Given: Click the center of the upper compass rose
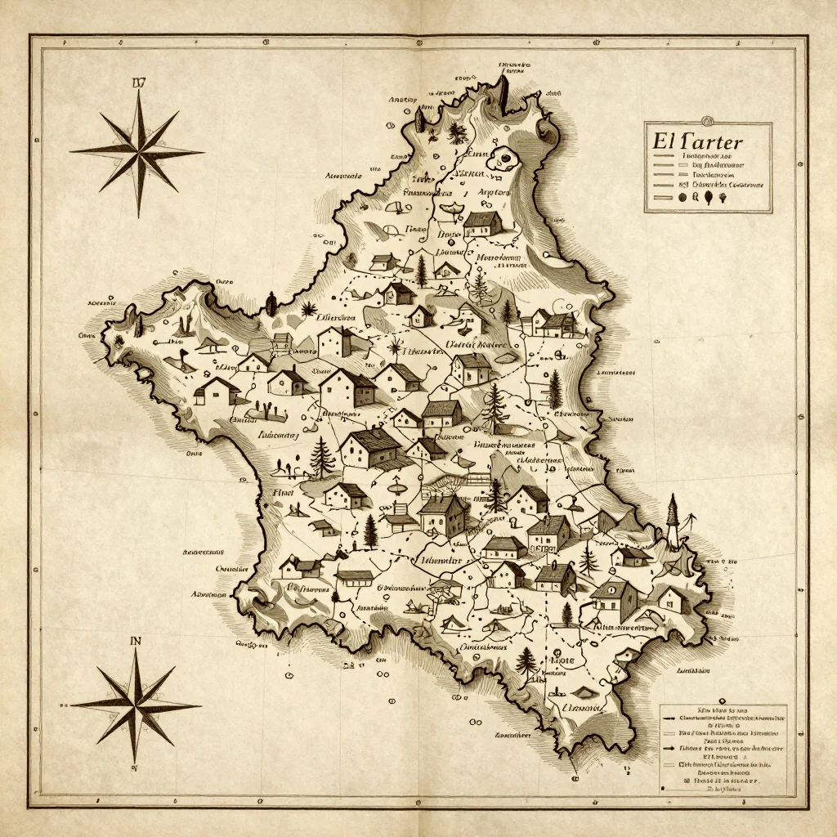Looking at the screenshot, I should point(137,152).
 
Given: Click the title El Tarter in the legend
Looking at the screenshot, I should point(698,140).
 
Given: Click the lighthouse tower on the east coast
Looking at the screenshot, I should point(674,520).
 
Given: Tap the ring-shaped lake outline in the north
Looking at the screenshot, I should point(500,158).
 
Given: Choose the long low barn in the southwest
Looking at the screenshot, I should point(354,578).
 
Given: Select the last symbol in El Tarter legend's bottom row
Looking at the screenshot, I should point(723,197).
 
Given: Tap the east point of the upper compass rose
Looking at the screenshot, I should point(203,152).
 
